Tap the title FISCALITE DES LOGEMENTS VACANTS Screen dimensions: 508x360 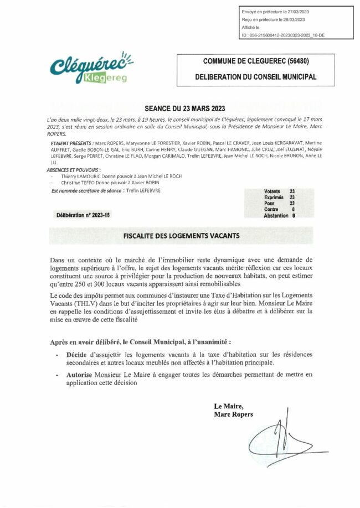click(x=181, y=235)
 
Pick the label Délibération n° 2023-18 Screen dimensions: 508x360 click(x=84, y=215)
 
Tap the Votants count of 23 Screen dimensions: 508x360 click(x=291, y=191)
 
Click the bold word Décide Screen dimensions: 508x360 click(x=77, y=354)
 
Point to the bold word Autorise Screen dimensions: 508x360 click(x=79, y=375)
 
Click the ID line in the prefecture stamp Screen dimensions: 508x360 click(x=286, y=34)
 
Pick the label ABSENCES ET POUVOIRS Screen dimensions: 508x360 click(x=74, y=169)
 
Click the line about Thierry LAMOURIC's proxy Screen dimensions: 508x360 click(x=119, y=176)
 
